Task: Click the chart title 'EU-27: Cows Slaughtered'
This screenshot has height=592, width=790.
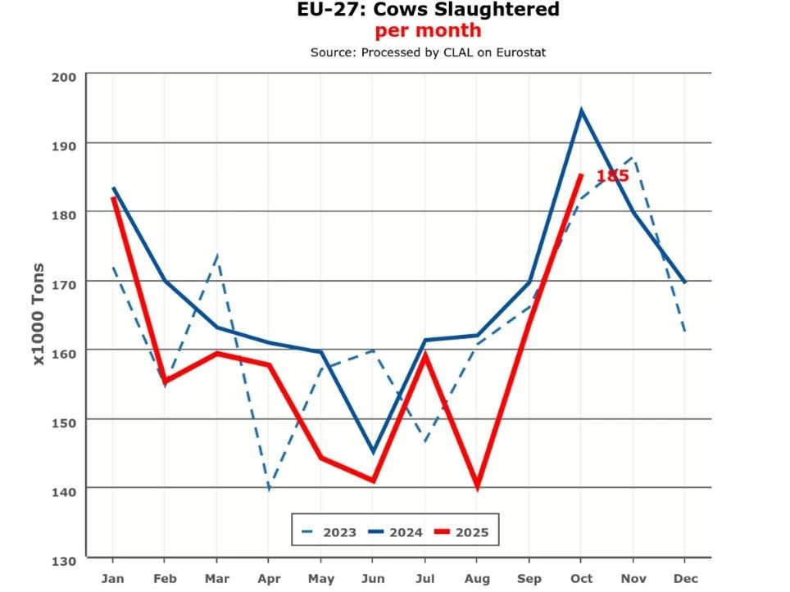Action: [428, 11]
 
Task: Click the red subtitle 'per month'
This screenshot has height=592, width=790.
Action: [428, 31]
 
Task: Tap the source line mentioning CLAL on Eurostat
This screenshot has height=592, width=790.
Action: [428, 52]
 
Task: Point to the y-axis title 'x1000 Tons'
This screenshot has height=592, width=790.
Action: [39, 314]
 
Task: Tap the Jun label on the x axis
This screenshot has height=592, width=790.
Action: [373, 579]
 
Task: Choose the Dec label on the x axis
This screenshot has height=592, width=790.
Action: [685, 579]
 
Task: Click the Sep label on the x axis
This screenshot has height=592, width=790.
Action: [529, 579]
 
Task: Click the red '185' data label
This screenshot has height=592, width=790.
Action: [612, 176]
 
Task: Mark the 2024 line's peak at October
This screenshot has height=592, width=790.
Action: [581, 111]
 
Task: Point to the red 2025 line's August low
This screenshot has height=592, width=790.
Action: [477, 486]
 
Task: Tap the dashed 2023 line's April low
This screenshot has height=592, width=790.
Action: [269, 490]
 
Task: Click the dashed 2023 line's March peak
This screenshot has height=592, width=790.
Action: [217, 255]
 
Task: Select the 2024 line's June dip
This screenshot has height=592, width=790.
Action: [373, 452]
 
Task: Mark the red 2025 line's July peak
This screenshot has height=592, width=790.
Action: [425, 354]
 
